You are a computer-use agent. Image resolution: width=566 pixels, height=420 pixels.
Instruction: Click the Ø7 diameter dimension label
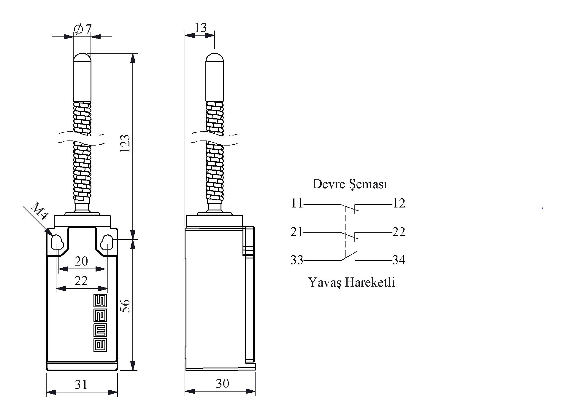(x=83, y=29)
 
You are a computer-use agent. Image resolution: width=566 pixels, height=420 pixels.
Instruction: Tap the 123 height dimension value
(x=126, y=143)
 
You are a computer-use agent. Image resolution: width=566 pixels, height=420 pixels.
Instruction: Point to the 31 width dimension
(x=81, y=384)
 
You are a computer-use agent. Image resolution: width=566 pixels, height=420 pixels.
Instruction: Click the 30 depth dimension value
(x=222, y=384)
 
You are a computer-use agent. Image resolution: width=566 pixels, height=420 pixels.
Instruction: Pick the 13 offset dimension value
(x=201, y=28)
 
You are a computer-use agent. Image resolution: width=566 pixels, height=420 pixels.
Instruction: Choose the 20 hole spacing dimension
(x=81, y=261)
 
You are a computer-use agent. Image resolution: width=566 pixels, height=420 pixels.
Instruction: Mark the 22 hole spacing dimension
(x=81, y=280)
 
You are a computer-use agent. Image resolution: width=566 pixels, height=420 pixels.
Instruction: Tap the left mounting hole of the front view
(x=57, y=243)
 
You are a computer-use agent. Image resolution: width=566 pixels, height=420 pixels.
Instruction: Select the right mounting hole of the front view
(x=107, y=243)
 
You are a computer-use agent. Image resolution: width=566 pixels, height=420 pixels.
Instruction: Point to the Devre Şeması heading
(x=350, y=184)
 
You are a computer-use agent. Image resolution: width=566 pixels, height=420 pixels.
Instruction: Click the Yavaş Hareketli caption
(x=352, y=282)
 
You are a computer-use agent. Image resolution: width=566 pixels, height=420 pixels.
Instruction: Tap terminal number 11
(x=297, y=203)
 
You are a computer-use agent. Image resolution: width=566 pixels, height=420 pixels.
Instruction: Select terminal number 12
(x=399, y=203)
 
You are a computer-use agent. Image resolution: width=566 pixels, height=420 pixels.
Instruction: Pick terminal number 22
(x=399, y=232)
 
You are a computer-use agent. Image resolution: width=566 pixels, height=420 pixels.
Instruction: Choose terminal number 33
(x=297, y=260)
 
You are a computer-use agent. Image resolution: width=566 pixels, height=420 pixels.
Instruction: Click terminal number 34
(x=399, y=260)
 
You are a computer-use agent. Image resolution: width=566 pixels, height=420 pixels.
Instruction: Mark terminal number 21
(x=297, y=232)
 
